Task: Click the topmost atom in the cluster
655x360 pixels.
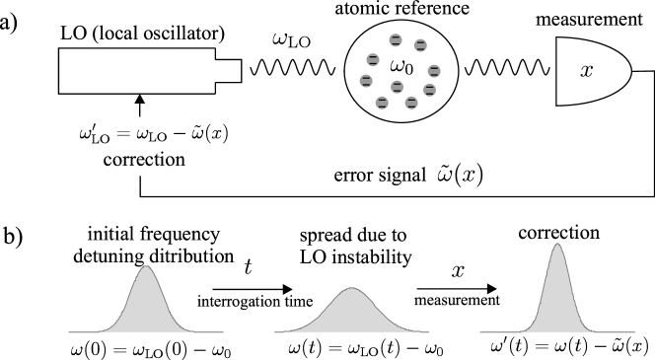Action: tap(396, 40)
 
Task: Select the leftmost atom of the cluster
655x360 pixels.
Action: tap(366, 80)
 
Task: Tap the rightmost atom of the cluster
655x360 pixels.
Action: tap(434, 71)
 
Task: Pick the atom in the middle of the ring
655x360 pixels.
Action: tap(397, 87)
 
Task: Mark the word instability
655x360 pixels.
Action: tap(369, 257)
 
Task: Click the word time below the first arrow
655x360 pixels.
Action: tap(297, 302)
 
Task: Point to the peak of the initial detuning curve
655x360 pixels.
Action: tap(146, 267)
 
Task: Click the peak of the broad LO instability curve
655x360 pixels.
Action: tap(352, 289)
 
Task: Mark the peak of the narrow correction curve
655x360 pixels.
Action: tap(557, 246)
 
